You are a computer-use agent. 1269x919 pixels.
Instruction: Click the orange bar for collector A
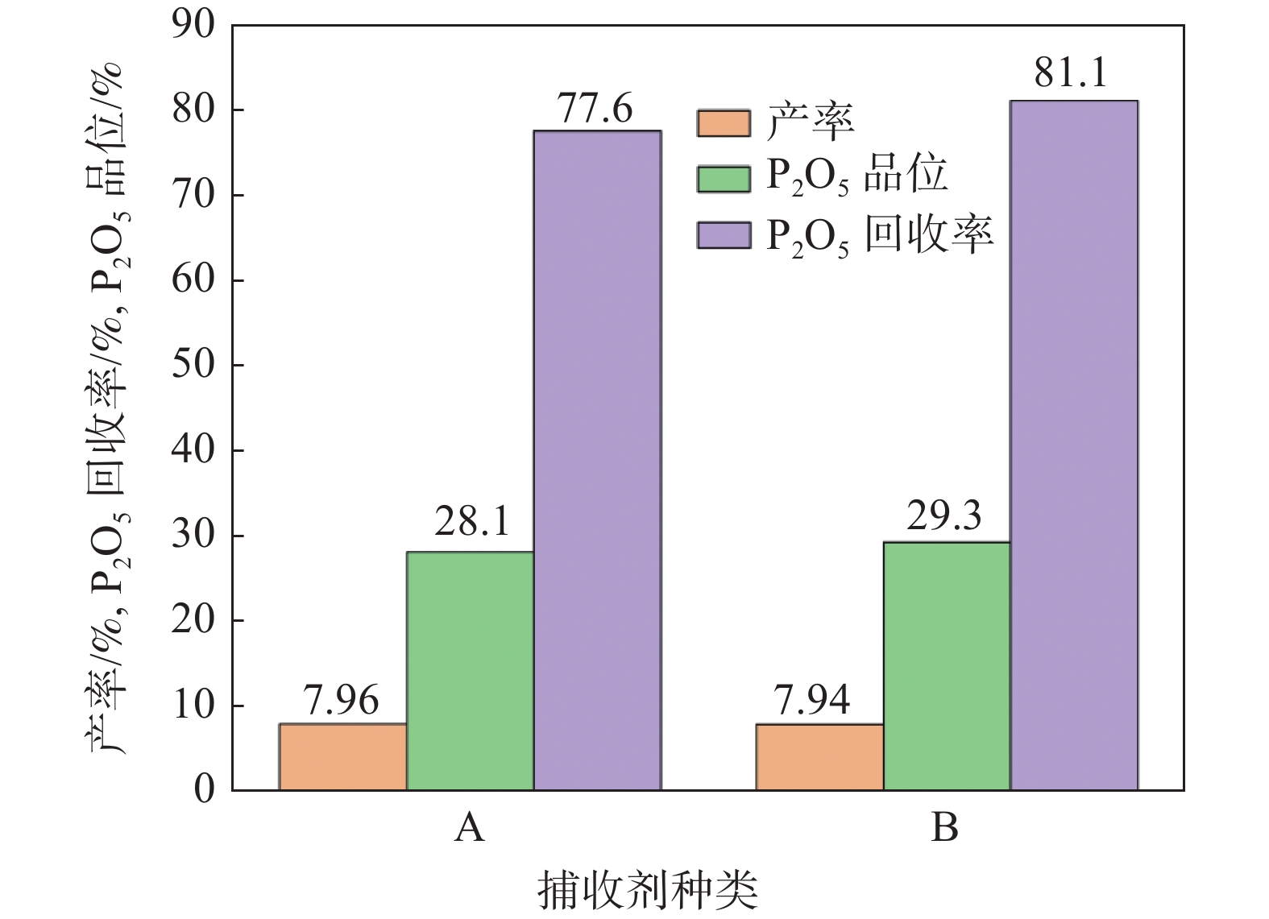click(x=342, y=756)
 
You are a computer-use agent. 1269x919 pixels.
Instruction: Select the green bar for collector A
click(x=470, y=670)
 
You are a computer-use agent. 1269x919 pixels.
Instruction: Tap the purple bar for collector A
click(x=597, y=460)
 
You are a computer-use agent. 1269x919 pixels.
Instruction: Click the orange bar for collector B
click(x=819, y=756)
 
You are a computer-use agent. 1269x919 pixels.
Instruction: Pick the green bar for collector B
click(x=946, y=665)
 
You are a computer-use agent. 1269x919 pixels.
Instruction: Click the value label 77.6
click(x=596, y=109)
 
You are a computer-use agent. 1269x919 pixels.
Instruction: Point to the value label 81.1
click(x=1072, y=74)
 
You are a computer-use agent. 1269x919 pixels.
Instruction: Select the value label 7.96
click(x=342, y=701)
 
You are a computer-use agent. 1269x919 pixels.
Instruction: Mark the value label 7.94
click(x=812, y=699)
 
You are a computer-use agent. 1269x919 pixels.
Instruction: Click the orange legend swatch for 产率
click(x=723, y=123)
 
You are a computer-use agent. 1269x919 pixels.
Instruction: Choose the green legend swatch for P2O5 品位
click(x=723, y=178)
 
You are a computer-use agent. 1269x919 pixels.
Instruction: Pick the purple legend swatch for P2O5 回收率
click(x=723, y=234)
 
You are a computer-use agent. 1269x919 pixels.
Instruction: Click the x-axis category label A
click(x=469, y=826)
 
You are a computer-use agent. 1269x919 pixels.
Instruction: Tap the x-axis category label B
click(x=944, y=826)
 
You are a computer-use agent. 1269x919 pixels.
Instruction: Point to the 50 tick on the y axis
click(x=193, y=365)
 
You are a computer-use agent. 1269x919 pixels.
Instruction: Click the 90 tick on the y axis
click(x=193, y=26)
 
